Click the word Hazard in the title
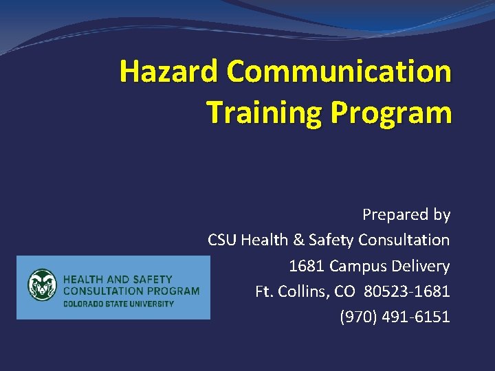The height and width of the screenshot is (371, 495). tap(168, 71)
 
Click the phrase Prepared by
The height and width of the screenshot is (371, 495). tap(406, 215)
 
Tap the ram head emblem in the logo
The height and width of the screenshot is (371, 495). tap(43, 286)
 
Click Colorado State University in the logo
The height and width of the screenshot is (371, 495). tap(118, 303)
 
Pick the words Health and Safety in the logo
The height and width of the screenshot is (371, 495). tap(118, 280)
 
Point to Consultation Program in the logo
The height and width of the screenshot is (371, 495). tap(131, 291)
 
